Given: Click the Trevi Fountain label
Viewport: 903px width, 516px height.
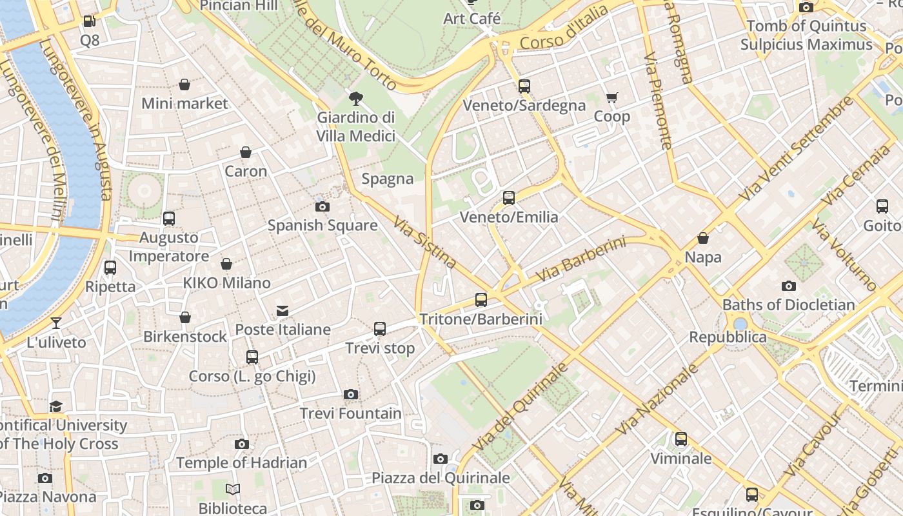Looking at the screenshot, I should pos(351,413).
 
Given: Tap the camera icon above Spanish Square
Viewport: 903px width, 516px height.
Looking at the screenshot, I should pos(322,207).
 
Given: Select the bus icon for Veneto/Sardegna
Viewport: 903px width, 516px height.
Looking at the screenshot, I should pos(524,86).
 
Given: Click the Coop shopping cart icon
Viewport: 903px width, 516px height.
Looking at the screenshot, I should pos(611,98).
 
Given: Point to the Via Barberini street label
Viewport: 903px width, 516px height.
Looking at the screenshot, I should pos(580,260).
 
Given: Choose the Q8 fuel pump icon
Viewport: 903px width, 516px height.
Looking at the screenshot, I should pos(89,21).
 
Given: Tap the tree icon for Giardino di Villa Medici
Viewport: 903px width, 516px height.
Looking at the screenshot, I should pos(355,99).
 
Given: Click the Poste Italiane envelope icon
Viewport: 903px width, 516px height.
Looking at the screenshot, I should pos(283,312).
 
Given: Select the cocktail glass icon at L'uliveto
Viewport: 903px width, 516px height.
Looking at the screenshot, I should pos(56,323).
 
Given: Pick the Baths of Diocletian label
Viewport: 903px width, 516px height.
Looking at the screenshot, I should pos(788,304).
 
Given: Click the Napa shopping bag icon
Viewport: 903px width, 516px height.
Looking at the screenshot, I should pos(703,239).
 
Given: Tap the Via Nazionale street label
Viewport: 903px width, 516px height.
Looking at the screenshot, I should pos(657,399).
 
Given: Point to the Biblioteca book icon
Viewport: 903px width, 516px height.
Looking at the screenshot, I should pos(233,490).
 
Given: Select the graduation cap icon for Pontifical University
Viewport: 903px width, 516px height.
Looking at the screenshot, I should pos(56,406).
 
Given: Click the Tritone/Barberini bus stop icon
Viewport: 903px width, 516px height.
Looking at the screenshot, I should pos(481,300).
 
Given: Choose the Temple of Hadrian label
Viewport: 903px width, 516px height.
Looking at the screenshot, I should pos(241,462).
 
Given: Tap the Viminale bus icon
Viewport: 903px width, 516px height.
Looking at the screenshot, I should pos(681,440).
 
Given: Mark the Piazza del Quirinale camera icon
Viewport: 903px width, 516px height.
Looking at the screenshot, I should pos(441,459).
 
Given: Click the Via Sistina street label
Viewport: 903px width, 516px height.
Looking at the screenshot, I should pos(425,243).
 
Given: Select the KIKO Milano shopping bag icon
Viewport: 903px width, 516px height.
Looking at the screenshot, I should pos(226,264).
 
